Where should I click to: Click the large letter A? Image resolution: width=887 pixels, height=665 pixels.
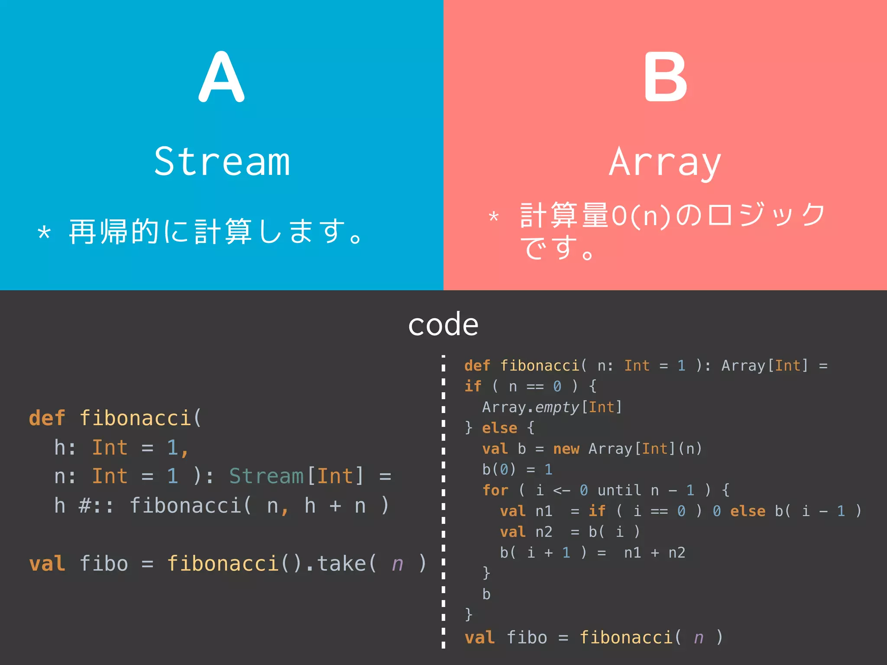[x=221, y=77]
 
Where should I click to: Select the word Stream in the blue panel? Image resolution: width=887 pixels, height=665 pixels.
[x=222, y=162]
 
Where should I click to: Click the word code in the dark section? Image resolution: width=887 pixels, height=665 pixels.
[x=443, y=324]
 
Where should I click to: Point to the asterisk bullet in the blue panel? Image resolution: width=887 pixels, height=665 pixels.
[x=44, y=233]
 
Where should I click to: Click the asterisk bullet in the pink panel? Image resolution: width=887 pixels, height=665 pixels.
[x=493, y=216]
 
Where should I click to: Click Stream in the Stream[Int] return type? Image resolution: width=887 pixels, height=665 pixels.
[x=266, y=476]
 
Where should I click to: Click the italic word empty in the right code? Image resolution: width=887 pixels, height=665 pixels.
[x=557, y=407]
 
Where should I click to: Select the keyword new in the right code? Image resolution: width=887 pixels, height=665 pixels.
[x=566, y=449]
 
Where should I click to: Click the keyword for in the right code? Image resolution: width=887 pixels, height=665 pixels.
[x=495, y=491]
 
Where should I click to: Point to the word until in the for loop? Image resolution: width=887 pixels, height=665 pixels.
[x=619, y=491]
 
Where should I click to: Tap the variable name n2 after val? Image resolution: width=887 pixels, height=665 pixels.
[x=544, y=532]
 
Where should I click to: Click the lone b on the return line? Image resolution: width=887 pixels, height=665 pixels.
[x=486, y=594]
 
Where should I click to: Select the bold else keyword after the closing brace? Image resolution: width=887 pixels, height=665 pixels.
[x=499, y=428]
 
